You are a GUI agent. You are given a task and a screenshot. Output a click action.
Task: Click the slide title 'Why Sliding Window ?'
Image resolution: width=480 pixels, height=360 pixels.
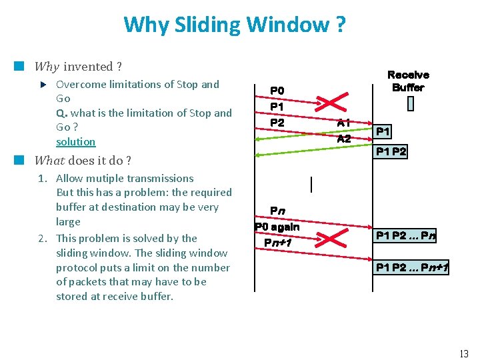click(x=234, y=25)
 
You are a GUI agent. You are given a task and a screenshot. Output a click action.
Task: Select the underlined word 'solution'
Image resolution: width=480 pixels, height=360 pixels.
click(x=75, y=142)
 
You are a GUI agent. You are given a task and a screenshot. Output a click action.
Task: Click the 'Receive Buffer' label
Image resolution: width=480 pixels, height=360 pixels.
click(x=408, y=81)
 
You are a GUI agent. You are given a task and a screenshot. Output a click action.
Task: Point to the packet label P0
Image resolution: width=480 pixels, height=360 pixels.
click(x=277, y=91)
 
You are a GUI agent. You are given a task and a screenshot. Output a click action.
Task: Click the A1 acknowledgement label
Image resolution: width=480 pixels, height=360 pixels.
click(x=344, y=123)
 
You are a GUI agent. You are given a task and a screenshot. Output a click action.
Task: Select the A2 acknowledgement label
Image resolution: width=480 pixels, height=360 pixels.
click(x=344, y=139)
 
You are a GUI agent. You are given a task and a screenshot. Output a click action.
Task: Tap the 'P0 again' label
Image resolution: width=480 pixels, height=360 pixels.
click(x=277, y=227)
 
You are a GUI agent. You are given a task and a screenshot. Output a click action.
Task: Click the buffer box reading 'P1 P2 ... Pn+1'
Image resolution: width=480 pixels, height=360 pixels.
click(x=412, y=268)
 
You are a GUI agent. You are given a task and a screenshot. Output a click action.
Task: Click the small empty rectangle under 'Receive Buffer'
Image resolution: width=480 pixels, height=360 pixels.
click(x=410, y=104)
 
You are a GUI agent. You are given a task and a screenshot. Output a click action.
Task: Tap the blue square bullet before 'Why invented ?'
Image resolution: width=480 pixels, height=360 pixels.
click(x=19, y=66)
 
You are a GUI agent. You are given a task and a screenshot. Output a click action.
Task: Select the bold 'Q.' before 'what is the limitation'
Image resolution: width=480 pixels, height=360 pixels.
click(x=61, y=113)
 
